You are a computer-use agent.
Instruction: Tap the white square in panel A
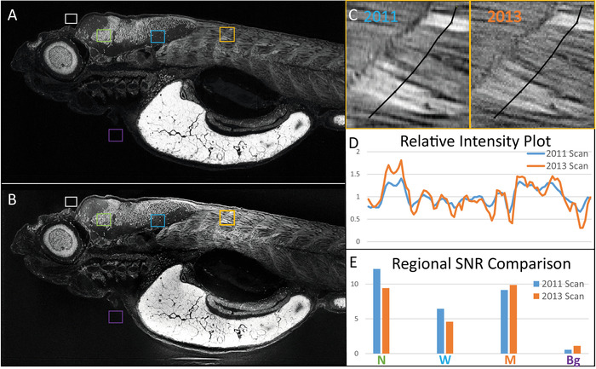[x=72, y=18]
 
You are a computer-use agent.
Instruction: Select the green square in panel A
[x=103, y=35]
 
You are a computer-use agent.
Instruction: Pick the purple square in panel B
[x=116, y=317]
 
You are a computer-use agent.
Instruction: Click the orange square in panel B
[x=226, y=217]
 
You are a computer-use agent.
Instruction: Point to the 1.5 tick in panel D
[x=358, y=174]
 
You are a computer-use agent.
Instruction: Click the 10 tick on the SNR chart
[x=358, y=284]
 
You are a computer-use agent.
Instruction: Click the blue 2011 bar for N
[x=376, y=310]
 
